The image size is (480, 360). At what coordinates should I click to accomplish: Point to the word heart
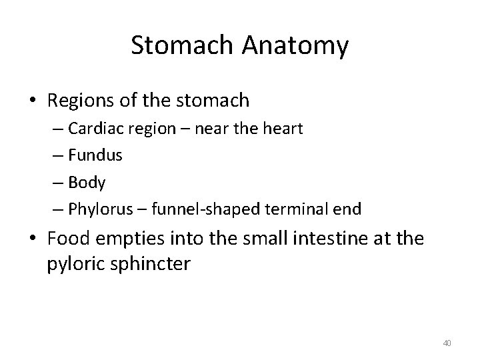tap(283, 129)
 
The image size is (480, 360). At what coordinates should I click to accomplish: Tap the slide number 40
tap(447, 343)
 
